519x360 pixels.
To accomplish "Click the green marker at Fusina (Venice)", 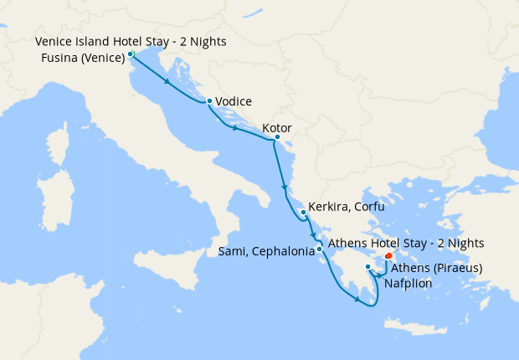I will pyautogui.click(x=131, y=55).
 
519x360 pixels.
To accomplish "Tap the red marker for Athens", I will pyautogui.click(x=388, y=256).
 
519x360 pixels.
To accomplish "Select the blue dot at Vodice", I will pyautogui.click(x=208, y=101).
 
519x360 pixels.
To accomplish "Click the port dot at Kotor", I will pyautogui.click(x=276, y=137).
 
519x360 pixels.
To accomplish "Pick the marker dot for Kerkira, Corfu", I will pyautogui.click(x=303, y=213).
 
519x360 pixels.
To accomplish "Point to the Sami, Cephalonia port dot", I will pyautogui.click(x=320, y=249).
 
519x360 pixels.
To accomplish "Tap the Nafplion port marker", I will pyautogui.click(x=368, y=267).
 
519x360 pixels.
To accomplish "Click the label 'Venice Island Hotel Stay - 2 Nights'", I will pyautogui.click(x=131, y=41).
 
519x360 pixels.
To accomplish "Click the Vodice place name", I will pyautogui.click(x=234, y=101).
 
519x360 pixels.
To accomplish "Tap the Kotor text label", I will pyautogui.click(x=276, y=128).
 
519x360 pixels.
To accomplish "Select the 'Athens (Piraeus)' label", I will pyautogui.click(x=436, y=269).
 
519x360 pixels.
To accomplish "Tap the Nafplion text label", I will pyautogui.click(x=408, y=283).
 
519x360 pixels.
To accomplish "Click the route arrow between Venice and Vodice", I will pyautogui.click(x=169, y=82).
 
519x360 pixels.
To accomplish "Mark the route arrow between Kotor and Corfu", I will pyautogui.click(x=285, y=186).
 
